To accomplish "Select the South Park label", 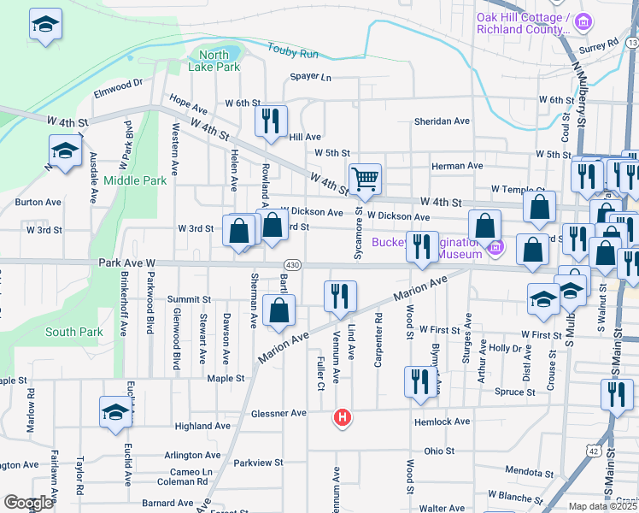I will click(x=74, y=332).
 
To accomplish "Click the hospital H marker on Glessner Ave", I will click(x=343, y=417).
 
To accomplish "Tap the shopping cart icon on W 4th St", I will click(x=365, y=179).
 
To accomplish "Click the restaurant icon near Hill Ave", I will click(x=271, y=121).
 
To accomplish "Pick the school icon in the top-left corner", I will click(x=45, y=25).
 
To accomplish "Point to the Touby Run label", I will click(x=293, y=53).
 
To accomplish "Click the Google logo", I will click(x=28, y=503).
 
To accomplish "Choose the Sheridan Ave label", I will click(x=442, y=121).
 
